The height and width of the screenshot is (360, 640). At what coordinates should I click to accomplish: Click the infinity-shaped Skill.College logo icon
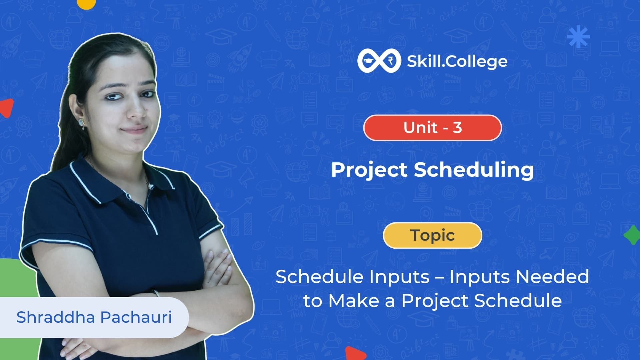pos(379,61)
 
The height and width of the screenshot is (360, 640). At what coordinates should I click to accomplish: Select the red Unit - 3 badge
pos(432,128)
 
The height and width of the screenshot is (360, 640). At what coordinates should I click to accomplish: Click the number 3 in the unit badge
pos(457,128)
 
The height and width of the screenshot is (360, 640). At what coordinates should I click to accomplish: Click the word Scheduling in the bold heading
pos(474,170)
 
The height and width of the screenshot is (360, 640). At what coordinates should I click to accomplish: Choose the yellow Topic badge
pos(432,235)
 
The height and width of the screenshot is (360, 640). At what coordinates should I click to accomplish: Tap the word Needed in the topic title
pos(552,277)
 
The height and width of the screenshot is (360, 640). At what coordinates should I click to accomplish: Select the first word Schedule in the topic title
pos(320,277)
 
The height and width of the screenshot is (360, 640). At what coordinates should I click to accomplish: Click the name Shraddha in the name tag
pos(56,317)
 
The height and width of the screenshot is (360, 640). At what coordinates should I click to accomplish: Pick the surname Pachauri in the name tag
pos(136,317)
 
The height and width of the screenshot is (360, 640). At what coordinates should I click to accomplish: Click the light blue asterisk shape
pos(578,36)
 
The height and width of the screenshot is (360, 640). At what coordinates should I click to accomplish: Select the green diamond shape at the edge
pos(632,235)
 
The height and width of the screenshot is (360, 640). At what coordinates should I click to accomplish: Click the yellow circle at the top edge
pos(86,3)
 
